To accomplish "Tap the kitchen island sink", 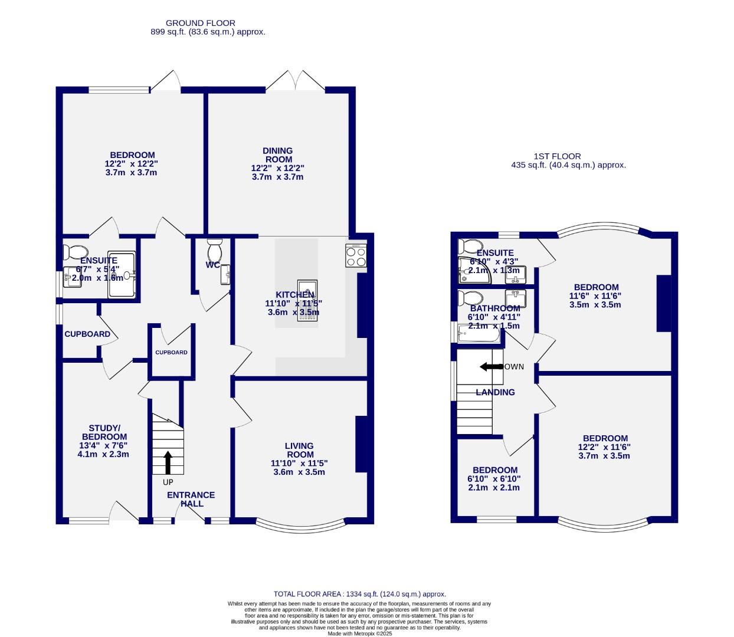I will pos(307,303).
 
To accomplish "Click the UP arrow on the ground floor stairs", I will pos(168,462).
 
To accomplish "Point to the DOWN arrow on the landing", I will pos(491,367).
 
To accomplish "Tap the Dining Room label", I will pos(277,155).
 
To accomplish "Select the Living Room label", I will pos(299,450).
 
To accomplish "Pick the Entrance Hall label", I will pos(191,499).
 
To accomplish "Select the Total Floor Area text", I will pos(359,594).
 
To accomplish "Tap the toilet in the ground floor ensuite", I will pos(75,252).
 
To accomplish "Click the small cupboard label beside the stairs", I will pos(171,352).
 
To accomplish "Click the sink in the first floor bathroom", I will pos(515,296).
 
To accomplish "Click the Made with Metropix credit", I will pos(359,633).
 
